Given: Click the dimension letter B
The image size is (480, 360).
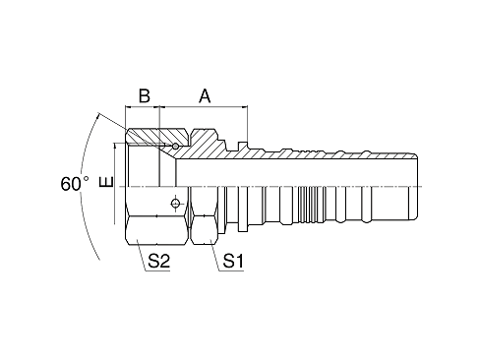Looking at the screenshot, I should tap(143, 96).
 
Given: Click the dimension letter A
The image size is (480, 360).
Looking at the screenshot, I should tap(205, 96).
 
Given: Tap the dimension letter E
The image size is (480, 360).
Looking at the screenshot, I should tap(107, 184).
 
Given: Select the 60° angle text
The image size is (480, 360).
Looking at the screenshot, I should tap(73, 183).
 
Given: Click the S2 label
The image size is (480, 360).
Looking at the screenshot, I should tap(158, 262).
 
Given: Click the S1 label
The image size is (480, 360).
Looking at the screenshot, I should tap(233, 262).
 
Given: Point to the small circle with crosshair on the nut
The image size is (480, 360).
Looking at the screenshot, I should tap(175, 203).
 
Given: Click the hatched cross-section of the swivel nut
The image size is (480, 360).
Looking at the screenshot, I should tap(152, 138).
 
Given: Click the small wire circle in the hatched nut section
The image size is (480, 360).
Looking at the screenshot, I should tap(175, 148).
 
